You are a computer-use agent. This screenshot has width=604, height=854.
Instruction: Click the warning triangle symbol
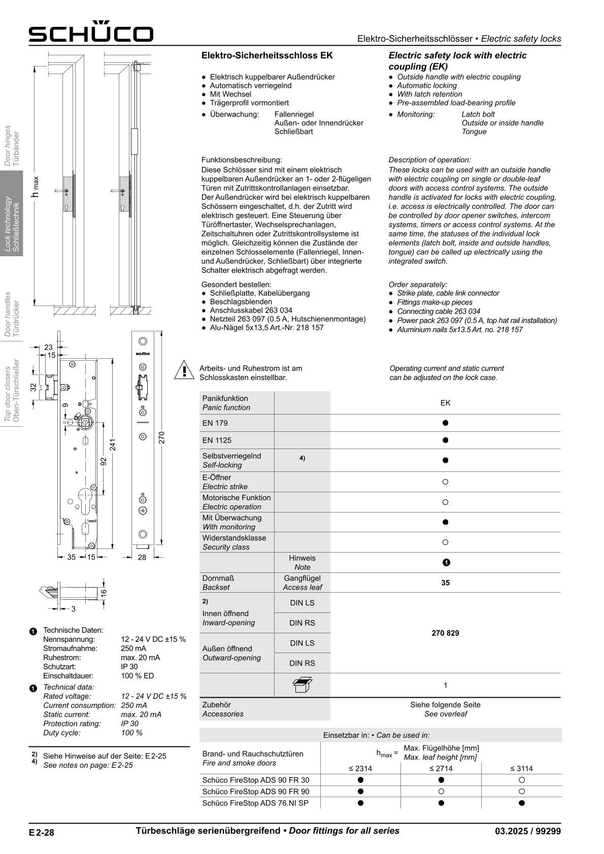click(x=184, y=370)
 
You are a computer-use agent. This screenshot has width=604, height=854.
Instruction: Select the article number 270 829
click(x=445, y=633)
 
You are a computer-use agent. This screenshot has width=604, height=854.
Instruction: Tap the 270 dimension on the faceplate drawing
click(x=162, y=437)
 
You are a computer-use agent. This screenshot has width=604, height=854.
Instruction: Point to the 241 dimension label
click(x=113, y=444)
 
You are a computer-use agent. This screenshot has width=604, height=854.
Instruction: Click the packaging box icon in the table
click(x=303, y=685)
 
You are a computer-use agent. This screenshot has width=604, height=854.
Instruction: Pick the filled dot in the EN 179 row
click(x=445, y=423)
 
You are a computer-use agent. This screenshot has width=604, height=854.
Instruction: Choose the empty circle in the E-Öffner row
click(x=445, y=482)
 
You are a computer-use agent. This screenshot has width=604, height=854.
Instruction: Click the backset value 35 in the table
click(x=445, y=583)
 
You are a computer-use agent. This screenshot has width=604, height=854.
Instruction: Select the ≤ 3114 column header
click(x=521, y=768)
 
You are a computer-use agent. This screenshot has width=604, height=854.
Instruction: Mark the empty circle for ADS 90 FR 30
click(x=521, y=780)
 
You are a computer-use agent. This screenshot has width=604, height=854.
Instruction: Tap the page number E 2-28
click(x=42, y=832)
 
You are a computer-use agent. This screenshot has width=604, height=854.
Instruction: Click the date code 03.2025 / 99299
click(x=528, y=831)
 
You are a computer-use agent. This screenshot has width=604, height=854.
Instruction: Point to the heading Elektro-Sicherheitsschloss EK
click(x=267, y=55)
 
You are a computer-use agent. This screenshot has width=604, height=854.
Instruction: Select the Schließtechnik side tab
click(x=12, y=213)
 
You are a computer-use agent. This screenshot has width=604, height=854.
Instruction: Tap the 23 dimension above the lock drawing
click(x=48, y=347)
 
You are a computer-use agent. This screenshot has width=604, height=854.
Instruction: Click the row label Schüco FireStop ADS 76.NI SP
click(x=255, y=803)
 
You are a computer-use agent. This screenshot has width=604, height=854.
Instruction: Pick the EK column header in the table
click(x=445, y=403)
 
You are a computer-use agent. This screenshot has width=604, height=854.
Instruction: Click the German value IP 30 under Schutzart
click(x=129, y=667)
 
